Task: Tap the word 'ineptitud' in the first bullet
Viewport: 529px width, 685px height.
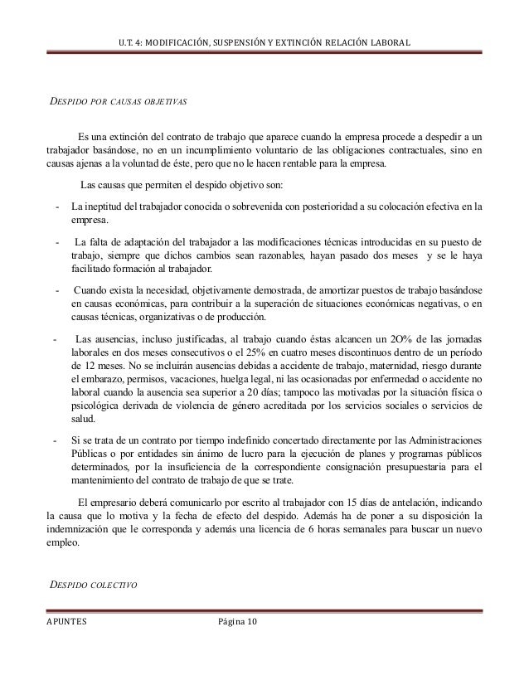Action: tap(103, 206)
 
